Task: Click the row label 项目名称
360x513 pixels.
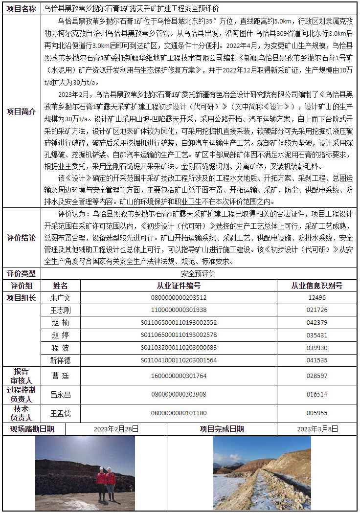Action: pos(21,9)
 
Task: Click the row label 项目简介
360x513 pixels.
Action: pos(21,112)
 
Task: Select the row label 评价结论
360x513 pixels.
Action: pos(21,238)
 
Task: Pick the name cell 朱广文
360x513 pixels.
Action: pos(61,298)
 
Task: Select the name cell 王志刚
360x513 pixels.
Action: pos(61,311)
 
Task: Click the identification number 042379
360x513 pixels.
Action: pos(316,323)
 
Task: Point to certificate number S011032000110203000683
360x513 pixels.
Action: pos(179,348)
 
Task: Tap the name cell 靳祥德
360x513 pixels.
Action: pos(61,360)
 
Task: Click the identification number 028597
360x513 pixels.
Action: pos(316,376)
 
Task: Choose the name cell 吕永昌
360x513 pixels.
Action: pos(61,395)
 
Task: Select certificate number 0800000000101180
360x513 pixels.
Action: pos(179,413)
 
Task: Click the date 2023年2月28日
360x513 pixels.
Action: pos(116,429)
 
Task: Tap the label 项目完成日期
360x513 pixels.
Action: pos(222,429)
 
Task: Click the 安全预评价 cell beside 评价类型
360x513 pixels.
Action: pos(198,274)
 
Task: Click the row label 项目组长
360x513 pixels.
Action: pos(21,298)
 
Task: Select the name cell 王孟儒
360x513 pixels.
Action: pos(61,413)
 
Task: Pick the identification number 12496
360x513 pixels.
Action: pos(316,298)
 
